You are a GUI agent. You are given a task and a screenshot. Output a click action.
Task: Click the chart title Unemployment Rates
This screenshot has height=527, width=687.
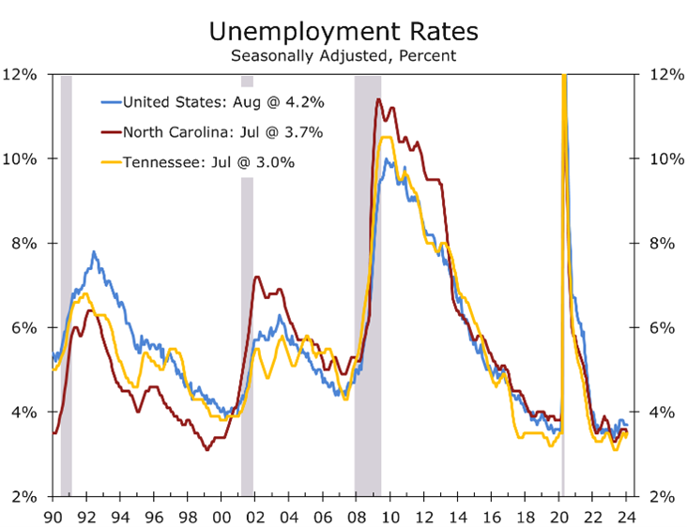point(343,31)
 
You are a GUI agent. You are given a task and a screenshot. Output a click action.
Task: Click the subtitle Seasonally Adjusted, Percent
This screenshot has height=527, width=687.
point(343,55)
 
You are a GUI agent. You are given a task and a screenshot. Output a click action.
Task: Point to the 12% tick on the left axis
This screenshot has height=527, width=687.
point(23,74)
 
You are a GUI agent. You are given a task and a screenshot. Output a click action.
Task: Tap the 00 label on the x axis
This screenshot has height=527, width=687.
point(221,514)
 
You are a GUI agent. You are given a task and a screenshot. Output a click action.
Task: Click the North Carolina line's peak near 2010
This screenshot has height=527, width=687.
point(377,99)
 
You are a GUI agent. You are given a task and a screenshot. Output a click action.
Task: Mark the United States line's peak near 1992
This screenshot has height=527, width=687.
point(93,252)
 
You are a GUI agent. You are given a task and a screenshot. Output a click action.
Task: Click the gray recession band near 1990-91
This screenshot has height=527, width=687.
point(66,281)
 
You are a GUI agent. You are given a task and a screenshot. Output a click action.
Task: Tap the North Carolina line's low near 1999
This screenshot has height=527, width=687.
point(207,450)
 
